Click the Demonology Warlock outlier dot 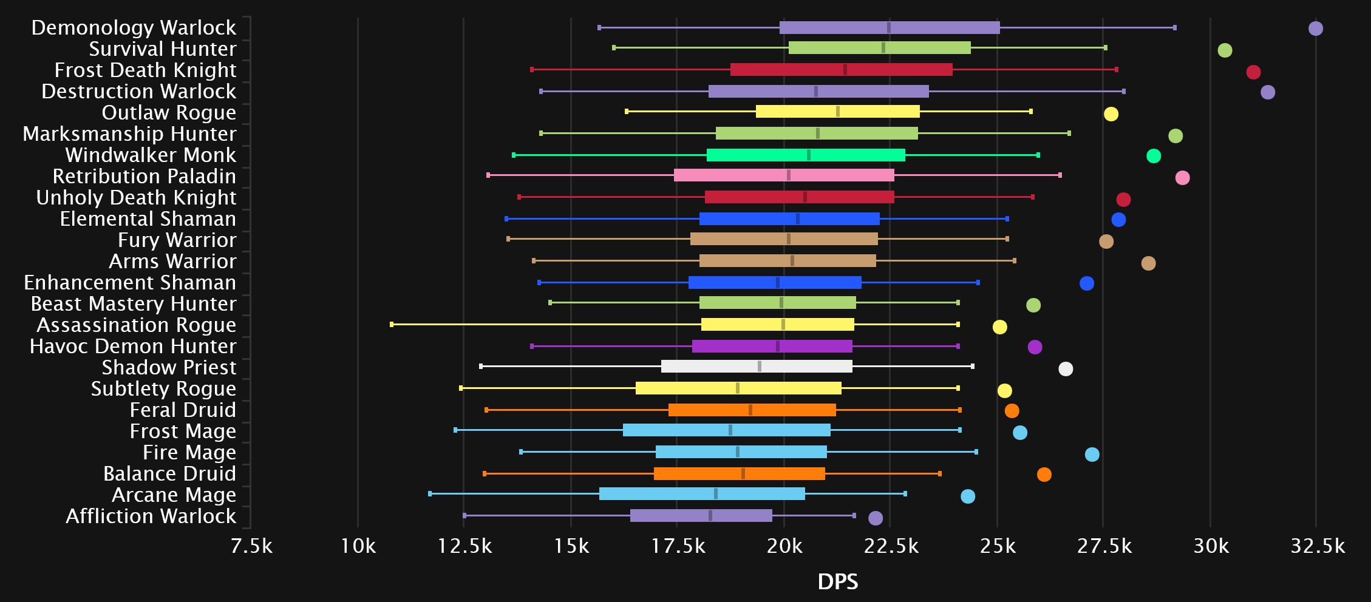click(x=1315, y=29)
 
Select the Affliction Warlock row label click(x=151, y=516)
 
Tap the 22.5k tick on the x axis click(x=891, y=547)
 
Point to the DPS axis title click(x=838, y=582)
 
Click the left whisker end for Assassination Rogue click(x=392, y=325)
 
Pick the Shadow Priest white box click(x=756, y=367)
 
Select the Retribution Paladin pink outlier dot click(x=1182, y=178)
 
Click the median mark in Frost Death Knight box click(x=845, y=70)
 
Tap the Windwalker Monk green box click(x=805, y=155)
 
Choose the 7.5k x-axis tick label click(x=251, y=547)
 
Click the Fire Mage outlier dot click(x=1092, y=455)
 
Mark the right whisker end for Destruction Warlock click(x=1124, y=92)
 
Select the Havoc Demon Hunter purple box click(x=772, y=347)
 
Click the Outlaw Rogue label click(x=169, y=113)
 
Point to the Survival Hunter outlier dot click(x=1225, y=50)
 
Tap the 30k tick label click(x=1211, y=547)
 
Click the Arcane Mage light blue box click(x=702, y=494)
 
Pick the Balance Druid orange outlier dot click(x=1044, y=475)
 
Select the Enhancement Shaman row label click(x=130, y=283)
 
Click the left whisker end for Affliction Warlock click(x=464, y=516)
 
